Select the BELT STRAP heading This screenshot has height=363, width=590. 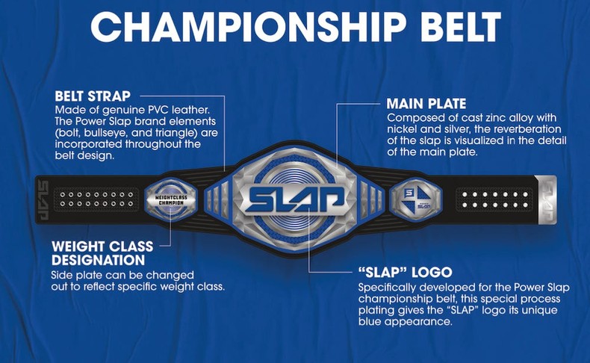[x=93, y=97]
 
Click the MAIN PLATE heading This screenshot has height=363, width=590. [x=426, y=104]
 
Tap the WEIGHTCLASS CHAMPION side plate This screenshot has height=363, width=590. [x=170, y=198]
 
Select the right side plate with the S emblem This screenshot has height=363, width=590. [x=414, y=198]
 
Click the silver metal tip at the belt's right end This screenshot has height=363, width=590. [x=544, y=199]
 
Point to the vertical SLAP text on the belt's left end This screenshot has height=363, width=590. [x=43, y=199]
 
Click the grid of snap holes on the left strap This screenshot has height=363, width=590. [x=97, y=199]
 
